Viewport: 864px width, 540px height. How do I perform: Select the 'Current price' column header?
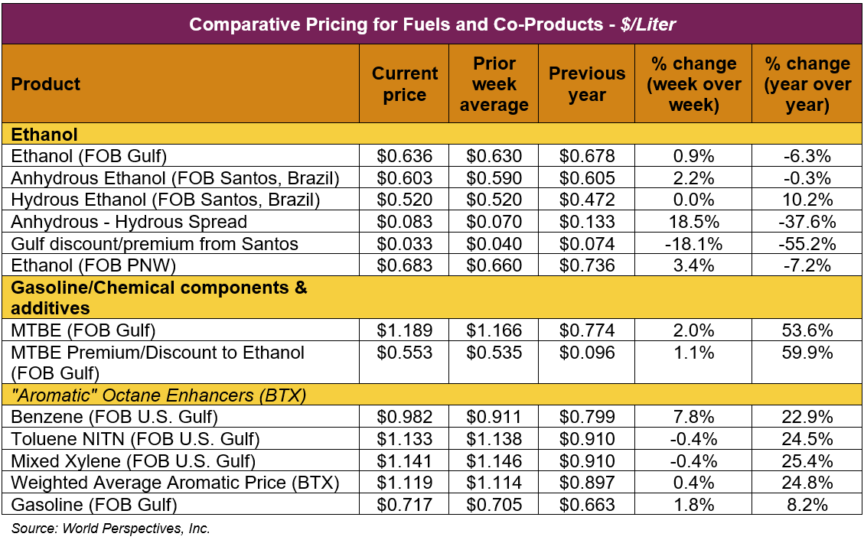(405, 84)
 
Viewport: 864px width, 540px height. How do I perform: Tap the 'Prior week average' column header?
(494, 84)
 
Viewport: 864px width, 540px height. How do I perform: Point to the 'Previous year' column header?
(587, 84)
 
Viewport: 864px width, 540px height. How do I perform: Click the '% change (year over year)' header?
(807, 84)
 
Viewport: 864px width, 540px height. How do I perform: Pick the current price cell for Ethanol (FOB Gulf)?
(405, 156)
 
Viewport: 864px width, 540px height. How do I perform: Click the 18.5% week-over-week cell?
(693, 223)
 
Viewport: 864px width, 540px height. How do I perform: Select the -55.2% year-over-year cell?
(807, 245)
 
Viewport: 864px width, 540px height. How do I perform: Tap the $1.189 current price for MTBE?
(405, 330)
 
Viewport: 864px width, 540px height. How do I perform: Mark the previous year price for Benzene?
(587, 418)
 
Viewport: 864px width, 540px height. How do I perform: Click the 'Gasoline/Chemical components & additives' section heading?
(159, 298)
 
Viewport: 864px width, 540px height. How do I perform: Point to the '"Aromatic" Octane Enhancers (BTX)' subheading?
(158, 396)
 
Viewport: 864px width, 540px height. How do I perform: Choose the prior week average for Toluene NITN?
(494, 440)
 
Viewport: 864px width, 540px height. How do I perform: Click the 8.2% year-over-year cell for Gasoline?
(807, 505)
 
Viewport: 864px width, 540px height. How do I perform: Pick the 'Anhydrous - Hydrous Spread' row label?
(129, 223)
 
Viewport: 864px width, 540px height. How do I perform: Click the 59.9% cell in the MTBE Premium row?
(807, 353)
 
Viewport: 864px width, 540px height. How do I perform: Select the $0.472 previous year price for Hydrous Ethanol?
(587, 200)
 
